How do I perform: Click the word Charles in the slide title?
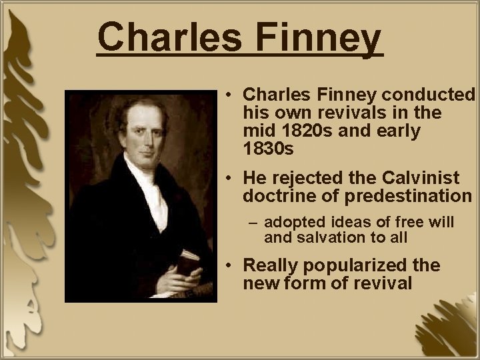point(172,39)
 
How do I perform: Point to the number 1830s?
point(269,149)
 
